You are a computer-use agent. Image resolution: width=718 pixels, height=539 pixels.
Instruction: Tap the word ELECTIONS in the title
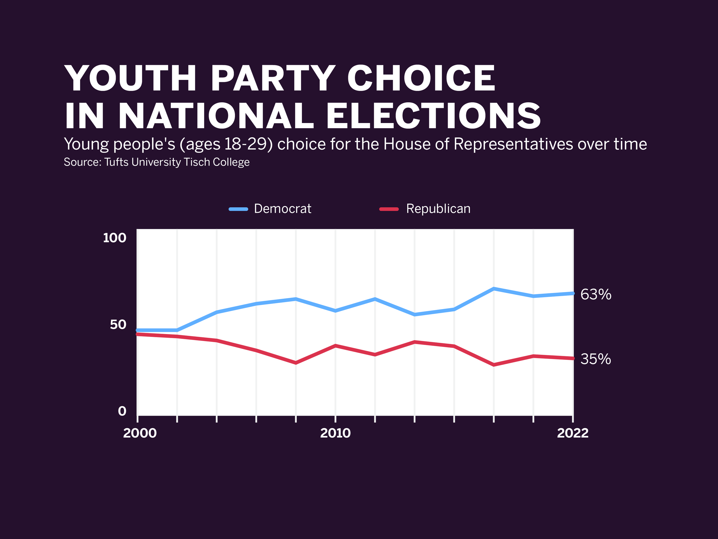point(433,116)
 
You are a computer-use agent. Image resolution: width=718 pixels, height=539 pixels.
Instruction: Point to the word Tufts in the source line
point(116,162)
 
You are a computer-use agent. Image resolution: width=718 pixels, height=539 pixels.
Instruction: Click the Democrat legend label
point(282,209)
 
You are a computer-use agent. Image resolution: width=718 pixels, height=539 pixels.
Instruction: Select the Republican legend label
point(438,209)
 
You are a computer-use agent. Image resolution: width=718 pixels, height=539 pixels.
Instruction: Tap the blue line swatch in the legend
point(238,209)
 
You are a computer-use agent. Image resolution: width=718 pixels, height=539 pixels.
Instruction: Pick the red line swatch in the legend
point(389,209)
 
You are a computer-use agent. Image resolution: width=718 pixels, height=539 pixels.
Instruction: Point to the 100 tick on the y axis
point(114,238)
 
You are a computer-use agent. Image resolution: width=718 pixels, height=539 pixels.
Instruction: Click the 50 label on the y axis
point(118,325)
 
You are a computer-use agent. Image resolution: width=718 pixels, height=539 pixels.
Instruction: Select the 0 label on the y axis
point(122,411)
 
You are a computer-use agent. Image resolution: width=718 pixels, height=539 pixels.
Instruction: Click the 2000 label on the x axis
point(140,433)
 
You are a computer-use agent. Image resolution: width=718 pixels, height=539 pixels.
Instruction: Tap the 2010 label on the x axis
point(335,433)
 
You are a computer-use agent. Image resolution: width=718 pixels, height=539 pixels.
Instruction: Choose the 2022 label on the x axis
point(573,433)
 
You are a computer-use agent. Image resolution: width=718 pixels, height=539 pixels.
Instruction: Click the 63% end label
point(596,294)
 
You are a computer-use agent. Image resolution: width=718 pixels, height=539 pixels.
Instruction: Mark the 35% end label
point(596,359)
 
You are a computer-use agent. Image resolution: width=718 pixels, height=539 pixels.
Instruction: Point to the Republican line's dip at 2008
point(296,363)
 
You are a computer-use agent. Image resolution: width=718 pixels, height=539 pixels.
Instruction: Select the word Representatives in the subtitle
point(513,144)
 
